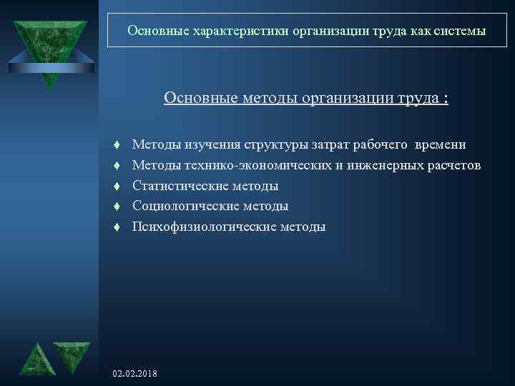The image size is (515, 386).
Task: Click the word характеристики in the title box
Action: point(228,31)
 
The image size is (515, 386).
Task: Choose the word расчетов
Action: point(454,166)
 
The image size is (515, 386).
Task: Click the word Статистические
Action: point(180,186)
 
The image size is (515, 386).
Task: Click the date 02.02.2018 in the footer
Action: point(136,375)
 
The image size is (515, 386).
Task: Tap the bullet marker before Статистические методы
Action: point(115,187)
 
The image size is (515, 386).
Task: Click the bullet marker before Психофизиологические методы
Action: point(115,227)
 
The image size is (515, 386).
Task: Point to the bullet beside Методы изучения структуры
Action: point(115,146)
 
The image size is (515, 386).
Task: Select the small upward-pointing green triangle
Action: point(36,360)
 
